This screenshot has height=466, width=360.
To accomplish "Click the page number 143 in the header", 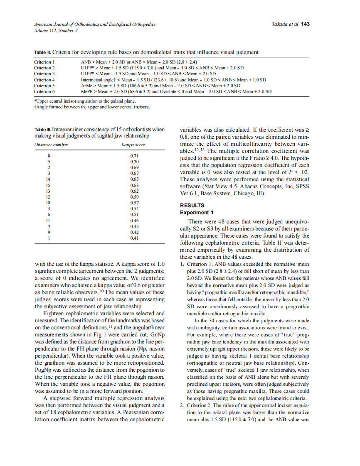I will click(x=306, y=24).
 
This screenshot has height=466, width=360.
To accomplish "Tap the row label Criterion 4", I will click(x=44, y=80).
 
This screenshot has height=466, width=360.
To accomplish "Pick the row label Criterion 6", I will click(x=44, y=91).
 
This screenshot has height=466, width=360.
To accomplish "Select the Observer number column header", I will click(x=51, y=145).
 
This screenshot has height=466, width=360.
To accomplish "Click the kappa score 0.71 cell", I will click(x=134, y=155).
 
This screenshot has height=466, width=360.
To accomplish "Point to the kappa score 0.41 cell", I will click(x=134, y=238).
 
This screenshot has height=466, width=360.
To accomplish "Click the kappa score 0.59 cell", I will click(x=134, y=197).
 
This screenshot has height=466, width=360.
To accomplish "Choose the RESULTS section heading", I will click(x=192, y=206).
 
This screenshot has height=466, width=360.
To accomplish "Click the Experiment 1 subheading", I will click(x=196, y=213).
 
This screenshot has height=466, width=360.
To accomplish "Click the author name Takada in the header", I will click(x=280, y=24).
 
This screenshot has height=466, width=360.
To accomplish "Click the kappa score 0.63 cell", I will click(x=134, y=185).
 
